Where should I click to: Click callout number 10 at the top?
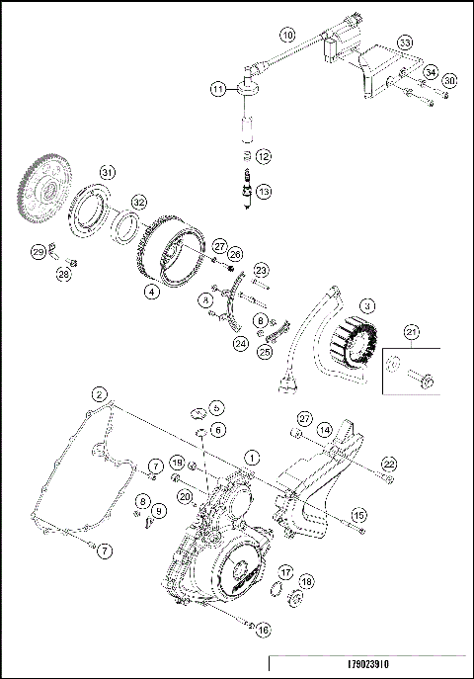tap(287, 35)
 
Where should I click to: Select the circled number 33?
tap(404, 43)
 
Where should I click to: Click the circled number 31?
tap(107, 172)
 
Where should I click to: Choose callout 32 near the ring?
tap(140, 201)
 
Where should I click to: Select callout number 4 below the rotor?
tap(150, 292)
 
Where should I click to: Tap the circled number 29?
tap(38, 253)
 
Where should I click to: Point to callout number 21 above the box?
tap(413, 331)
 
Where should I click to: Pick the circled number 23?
tap(261, 269)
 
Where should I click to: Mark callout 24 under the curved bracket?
tap(239, 343)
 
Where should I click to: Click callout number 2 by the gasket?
tap(96, 394)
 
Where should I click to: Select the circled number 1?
tap(251, 458)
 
